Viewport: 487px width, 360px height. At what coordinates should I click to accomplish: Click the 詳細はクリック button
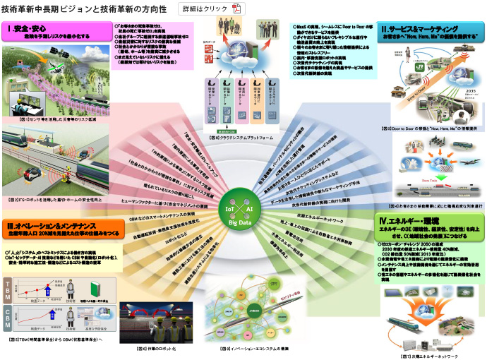click(x=208, y=9)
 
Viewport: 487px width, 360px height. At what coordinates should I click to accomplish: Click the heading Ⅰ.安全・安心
click(x=27, y=29)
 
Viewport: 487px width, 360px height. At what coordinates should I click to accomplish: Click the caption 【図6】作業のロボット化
click(x=152, y=349)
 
